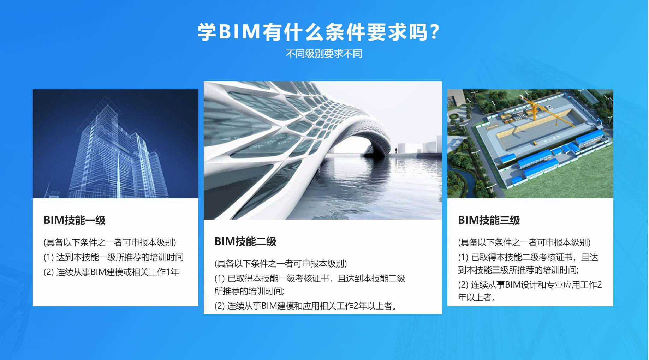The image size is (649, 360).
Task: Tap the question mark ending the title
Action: coord(435,32)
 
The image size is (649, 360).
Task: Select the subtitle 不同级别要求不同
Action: coord(324,54)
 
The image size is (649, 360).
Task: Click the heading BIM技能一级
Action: coord(75,220)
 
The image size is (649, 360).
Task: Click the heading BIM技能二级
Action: coord(245,241)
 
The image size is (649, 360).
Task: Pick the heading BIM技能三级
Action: coord(489,220)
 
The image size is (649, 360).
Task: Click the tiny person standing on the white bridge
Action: coord(396,150)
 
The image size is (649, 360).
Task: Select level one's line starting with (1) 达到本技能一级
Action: coord(113,257)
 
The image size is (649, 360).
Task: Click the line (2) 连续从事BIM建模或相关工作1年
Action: coord(111,272)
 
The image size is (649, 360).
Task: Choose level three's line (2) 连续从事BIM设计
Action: coord(530,285)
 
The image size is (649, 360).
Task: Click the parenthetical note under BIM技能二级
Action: coord(281,264)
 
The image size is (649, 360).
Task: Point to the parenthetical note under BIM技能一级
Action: coord(110,242)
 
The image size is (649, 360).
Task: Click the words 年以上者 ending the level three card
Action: coord(477,298)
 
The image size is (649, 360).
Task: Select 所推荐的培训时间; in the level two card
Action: coord(249,291)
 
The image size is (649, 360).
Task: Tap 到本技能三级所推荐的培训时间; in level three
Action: coord(518,270)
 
